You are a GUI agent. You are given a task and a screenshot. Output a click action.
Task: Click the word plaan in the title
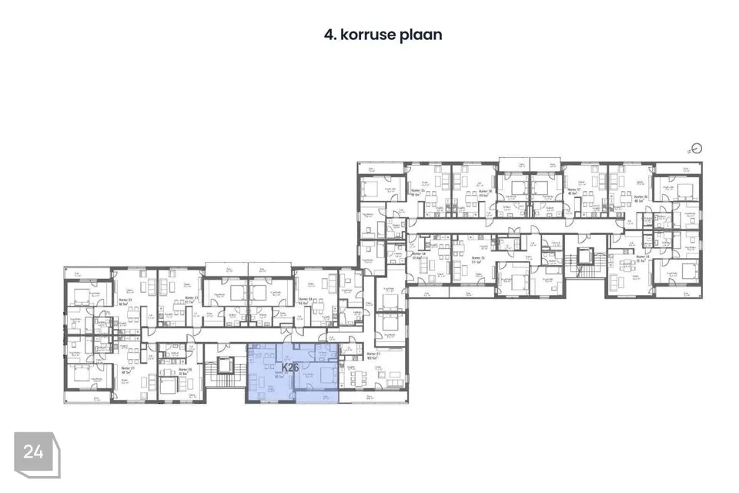[x=420, y=35]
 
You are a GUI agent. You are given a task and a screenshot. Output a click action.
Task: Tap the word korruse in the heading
[x=367, y=35]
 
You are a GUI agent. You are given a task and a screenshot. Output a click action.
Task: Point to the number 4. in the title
[x=332, y=35]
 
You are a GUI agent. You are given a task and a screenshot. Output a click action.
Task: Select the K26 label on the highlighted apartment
[x=290, y=368]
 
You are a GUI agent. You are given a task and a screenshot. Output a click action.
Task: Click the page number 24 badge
[x=33, y=452]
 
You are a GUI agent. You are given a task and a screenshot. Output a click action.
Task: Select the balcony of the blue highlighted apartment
[x=316, y=397]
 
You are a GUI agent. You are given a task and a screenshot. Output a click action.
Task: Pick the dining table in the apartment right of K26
[x=359, y=377]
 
